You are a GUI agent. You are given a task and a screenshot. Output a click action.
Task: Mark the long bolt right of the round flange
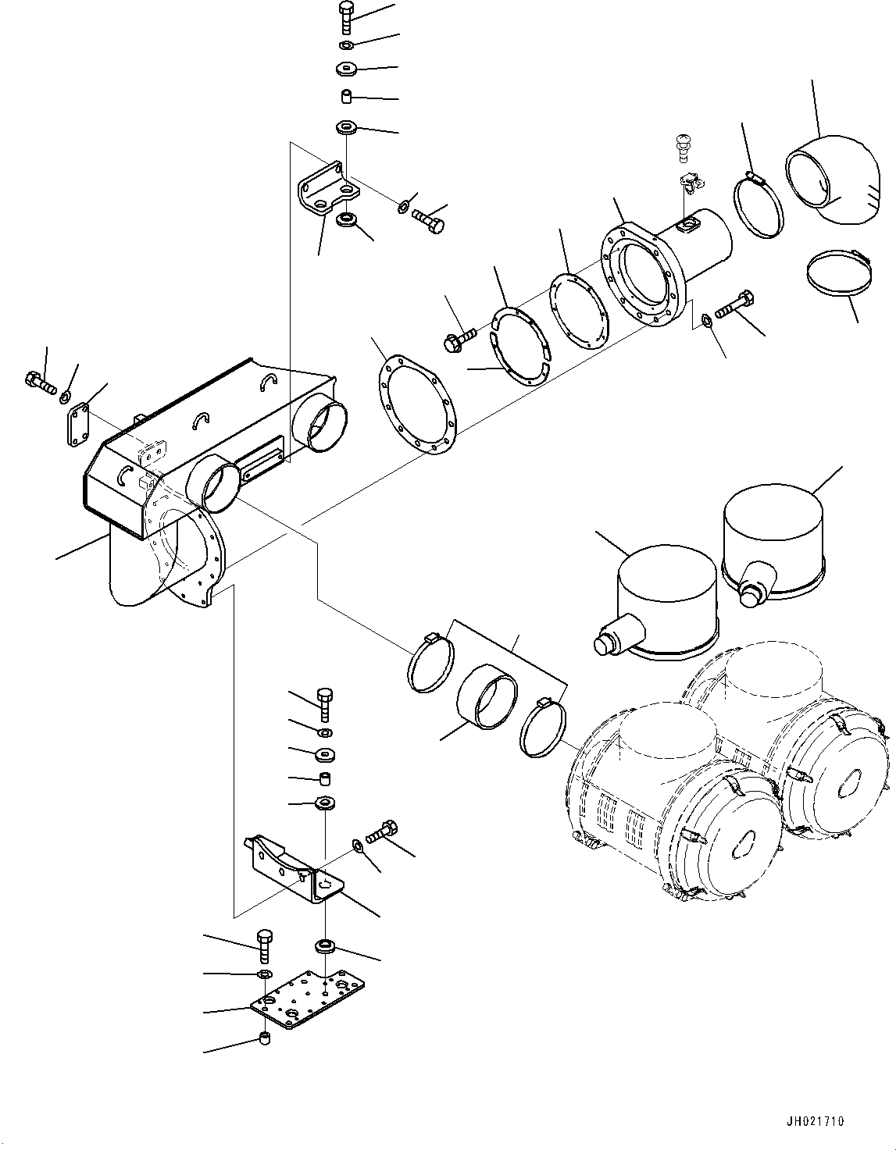click(735, 304)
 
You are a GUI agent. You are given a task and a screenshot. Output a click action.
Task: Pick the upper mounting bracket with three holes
click(328, 190)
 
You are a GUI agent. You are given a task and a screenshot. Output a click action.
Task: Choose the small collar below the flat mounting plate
click(265, 1038)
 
